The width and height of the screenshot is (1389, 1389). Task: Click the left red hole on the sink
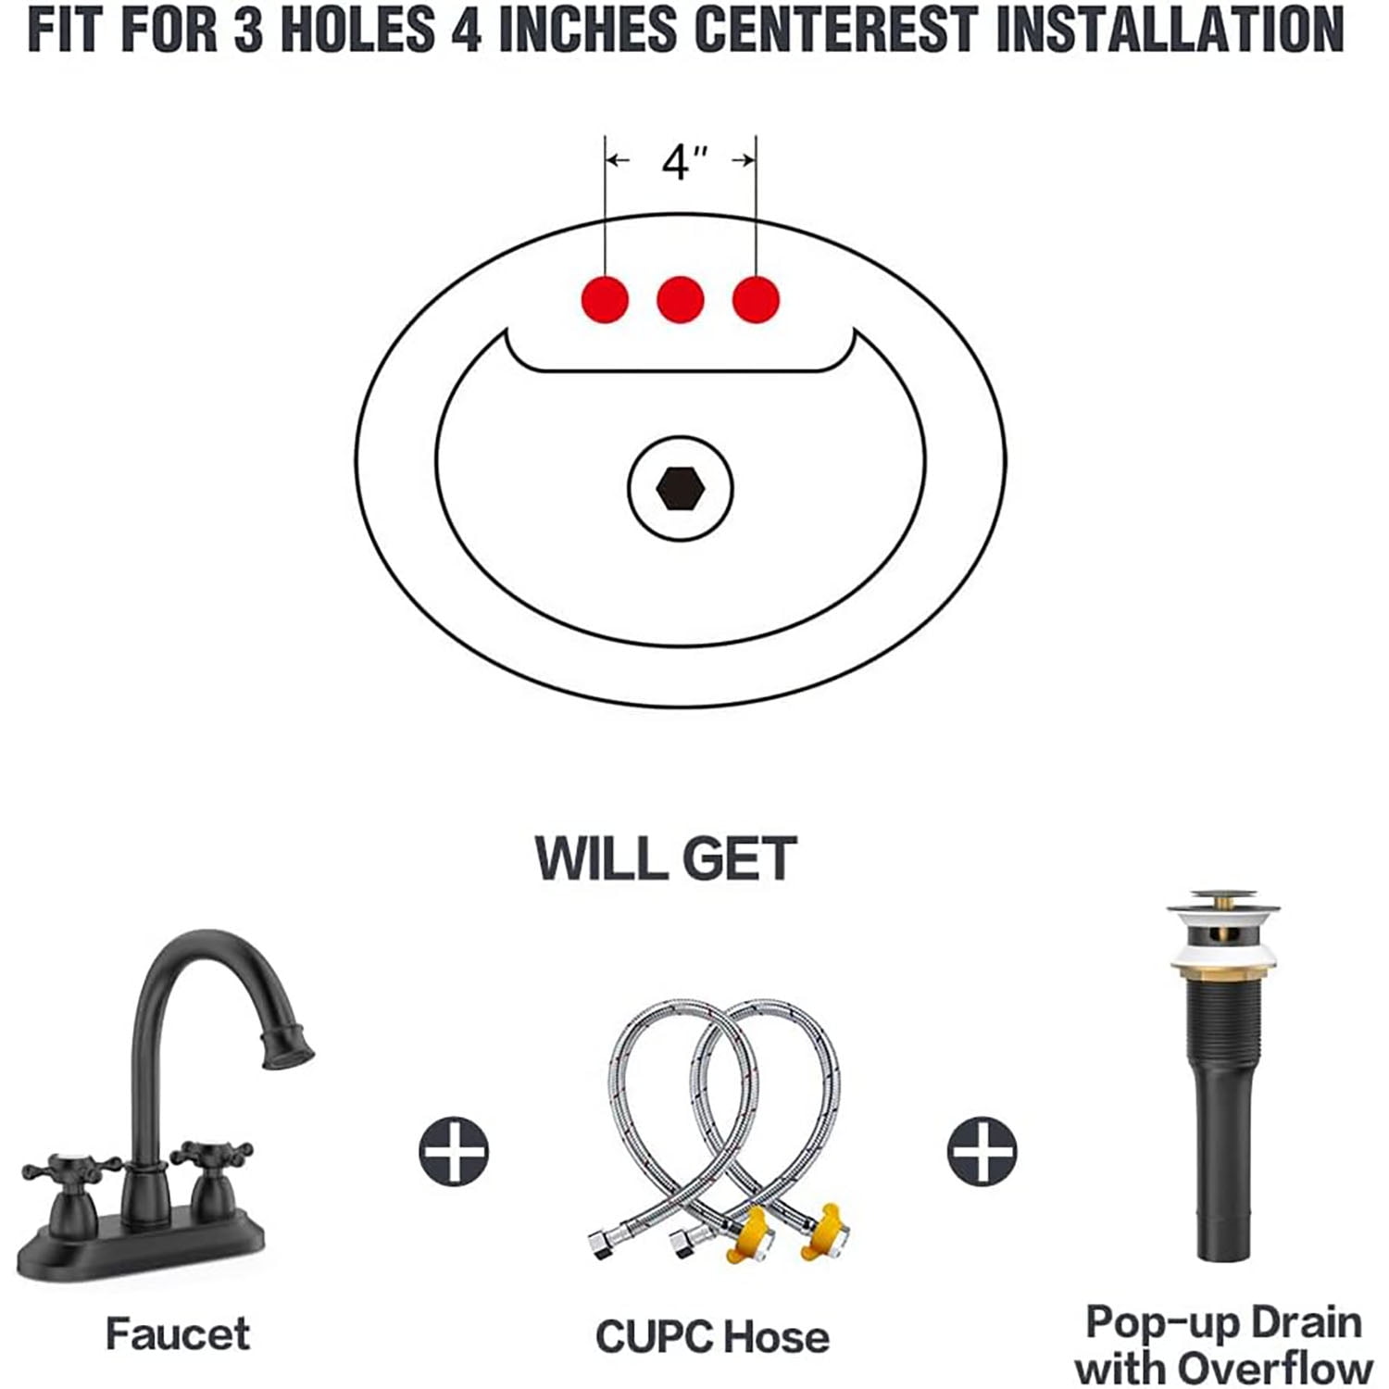605,299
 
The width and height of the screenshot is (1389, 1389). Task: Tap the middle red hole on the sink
681,299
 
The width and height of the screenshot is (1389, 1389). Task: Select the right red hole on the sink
756,299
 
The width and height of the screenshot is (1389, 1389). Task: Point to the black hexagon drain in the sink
681,487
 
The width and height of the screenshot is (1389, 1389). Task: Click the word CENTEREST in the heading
836,30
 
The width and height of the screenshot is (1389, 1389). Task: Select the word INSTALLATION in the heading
1170,30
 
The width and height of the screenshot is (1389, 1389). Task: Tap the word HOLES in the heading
357,30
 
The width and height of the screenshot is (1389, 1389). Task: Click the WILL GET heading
666,858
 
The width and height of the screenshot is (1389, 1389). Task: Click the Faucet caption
178,1334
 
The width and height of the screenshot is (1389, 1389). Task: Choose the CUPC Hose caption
712,1337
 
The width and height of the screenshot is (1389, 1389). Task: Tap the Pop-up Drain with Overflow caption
1224,1345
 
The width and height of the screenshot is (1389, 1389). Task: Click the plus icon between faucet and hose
454,1152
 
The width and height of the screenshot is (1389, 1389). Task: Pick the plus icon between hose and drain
982,1152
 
